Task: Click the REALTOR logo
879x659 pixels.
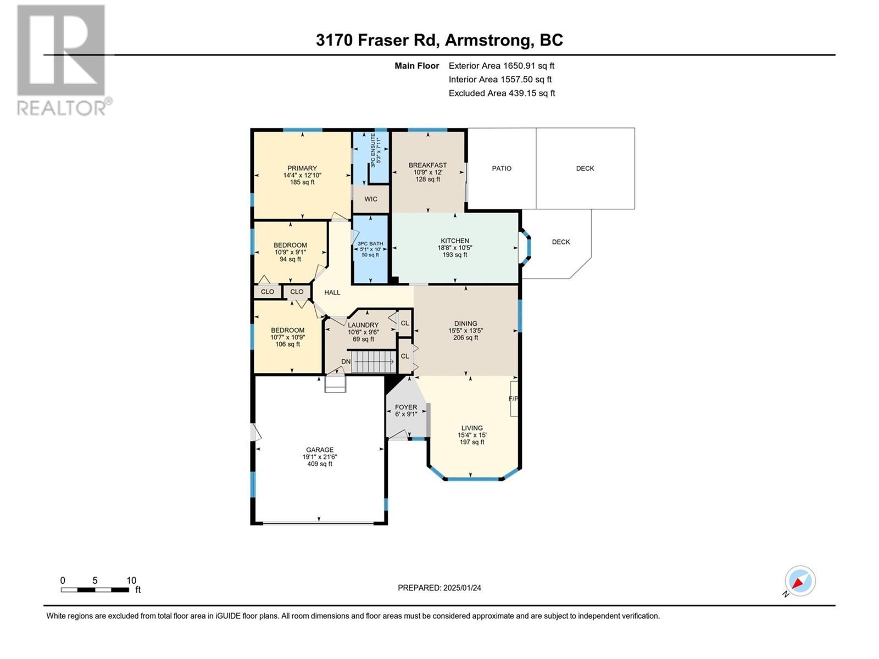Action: (64, 60)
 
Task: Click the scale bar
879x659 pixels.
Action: (94, 590)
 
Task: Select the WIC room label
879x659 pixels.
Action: (371, 199)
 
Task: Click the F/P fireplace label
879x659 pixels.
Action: (513, 399)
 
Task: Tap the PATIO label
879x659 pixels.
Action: (502, 169)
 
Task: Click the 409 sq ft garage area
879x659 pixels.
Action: (320, 463)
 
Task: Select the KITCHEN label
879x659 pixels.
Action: (455, 241)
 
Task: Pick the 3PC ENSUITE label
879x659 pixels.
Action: (373, 150)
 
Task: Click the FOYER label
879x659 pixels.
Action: (406, 407)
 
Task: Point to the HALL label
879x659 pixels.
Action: (332, 293)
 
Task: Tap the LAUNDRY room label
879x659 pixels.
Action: (363, 325)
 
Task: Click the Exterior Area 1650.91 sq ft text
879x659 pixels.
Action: (502, 65)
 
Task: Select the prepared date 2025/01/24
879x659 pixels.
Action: (462, 588)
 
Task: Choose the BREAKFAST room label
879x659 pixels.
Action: (427, 165)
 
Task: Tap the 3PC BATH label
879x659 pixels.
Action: (370, 243)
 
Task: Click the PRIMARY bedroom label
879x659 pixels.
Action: (302, 168)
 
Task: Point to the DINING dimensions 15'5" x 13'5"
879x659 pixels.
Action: (466, 331)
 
